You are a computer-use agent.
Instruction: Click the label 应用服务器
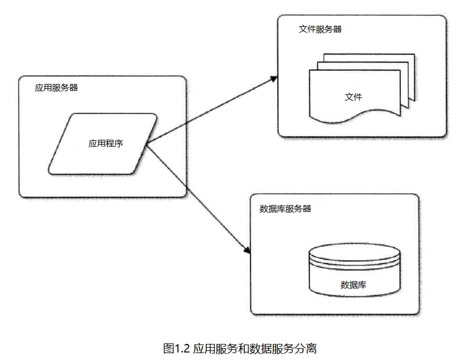[x=56, y=88]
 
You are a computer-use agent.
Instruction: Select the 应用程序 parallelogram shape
[x=102, y=144]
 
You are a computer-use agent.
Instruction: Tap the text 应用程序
[x=106, y=144]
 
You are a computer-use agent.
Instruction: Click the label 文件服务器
[x=320, y=29]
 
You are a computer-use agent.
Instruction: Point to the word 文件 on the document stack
[x=353, y=97]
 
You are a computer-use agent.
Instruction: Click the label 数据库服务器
[x=285, y=209]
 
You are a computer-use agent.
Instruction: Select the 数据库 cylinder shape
[x=354, y=270]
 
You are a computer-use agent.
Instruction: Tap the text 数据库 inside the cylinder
[x=353, y=285]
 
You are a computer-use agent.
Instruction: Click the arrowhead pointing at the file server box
[x=274, y=79]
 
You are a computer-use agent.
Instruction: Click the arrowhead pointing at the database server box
[x=247, y=249]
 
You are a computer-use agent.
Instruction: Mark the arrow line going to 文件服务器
[x=212, y=110]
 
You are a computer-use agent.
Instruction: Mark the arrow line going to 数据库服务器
[x=198, y=199]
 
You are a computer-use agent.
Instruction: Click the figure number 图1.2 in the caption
[x=177, y=348]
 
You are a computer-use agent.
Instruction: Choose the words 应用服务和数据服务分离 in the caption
[x=255, y=348]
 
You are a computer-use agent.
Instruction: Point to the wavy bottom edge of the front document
[x=354, y=116]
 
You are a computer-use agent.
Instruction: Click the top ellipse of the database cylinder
[x=354, y=252]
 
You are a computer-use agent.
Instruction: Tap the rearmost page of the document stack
[x=369, y=58]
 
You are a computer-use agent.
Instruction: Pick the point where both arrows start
[x=146, y=145]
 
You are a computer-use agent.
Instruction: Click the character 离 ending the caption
[x=311, y=348]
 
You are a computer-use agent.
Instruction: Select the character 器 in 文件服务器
[x=338, y=29]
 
